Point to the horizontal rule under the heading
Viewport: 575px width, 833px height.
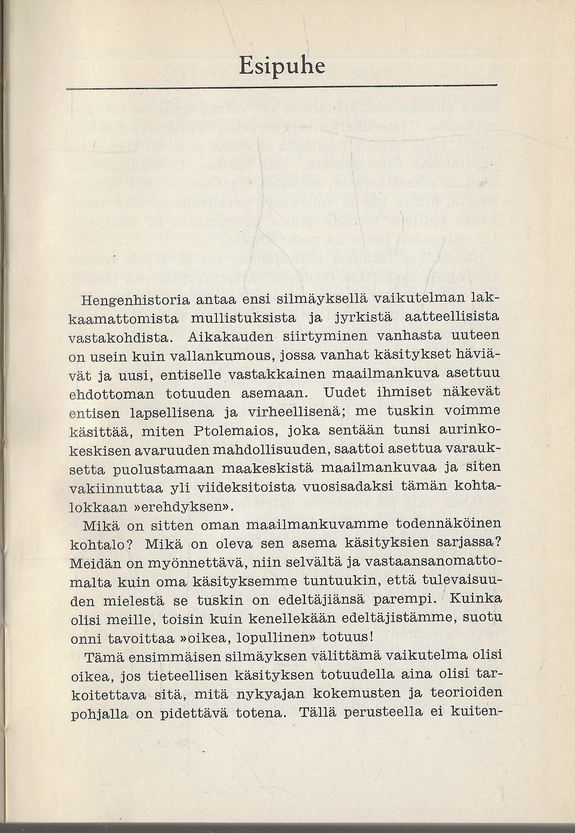[282, 89]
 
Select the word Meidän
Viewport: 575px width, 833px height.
[92, 564]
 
